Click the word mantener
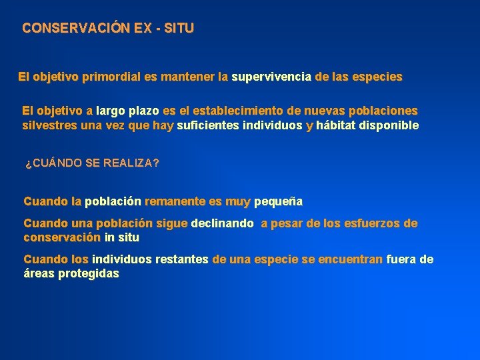tap(187, 77)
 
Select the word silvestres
tap(50, 125)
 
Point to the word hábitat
tap(336, 125)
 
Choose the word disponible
tap(389, 125)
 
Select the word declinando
tap(222, 224)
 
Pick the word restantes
tap(182, 259)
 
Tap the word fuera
tap(402, 259)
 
